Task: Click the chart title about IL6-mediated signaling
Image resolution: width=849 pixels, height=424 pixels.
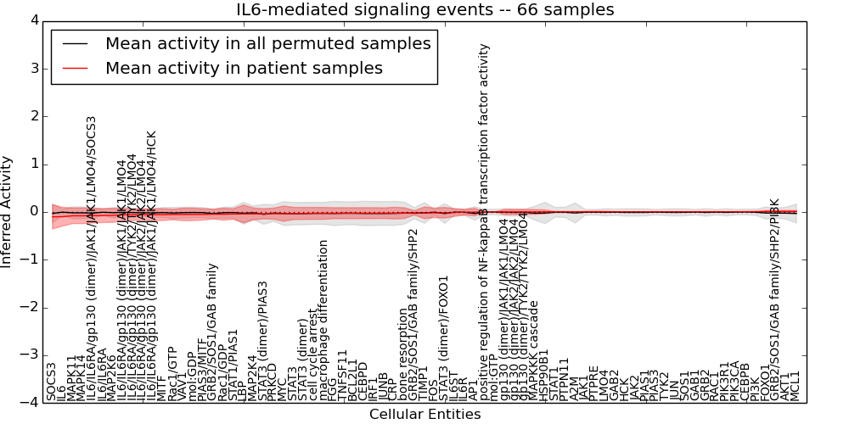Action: [424, 9]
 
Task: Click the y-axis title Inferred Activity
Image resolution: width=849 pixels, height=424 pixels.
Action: [7, 211]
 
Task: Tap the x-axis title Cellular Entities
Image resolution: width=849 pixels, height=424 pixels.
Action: [424, 415]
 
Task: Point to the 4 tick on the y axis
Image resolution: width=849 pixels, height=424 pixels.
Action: [33, 20]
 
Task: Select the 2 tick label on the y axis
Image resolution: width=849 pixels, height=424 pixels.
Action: [33, 116]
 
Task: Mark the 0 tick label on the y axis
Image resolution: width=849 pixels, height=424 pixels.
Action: [33, 211]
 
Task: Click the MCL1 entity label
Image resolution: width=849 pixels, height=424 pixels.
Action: [796, 386]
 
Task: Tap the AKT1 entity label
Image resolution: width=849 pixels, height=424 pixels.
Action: [785, 386]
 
